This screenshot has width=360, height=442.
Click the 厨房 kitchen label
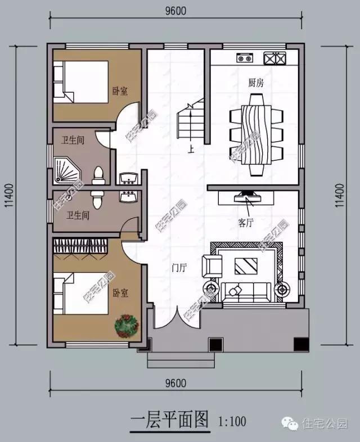256,83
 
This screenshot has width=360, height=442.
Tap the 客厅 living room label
246,223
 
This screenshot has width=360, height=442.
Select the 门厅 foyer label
179,268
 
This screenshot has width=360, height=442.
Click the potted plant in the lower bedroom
126,326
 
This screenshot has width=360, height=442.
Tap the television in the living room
247,197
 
